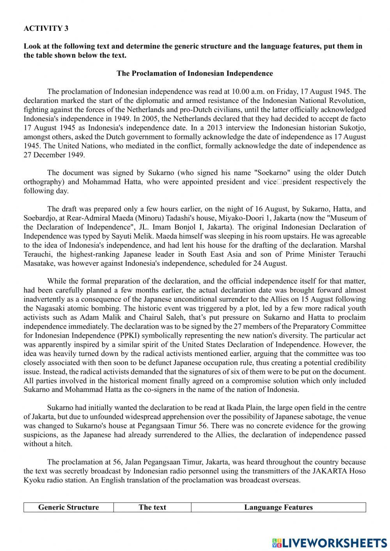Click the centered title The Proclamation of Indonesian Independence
(x=195, y=73)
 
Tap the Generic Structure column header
(x=68, y=507)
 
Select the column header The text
(x=152, y=507)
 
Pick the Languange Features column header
(x=278, y=507)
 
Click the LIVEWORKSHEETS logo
(x=330, y=542)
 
